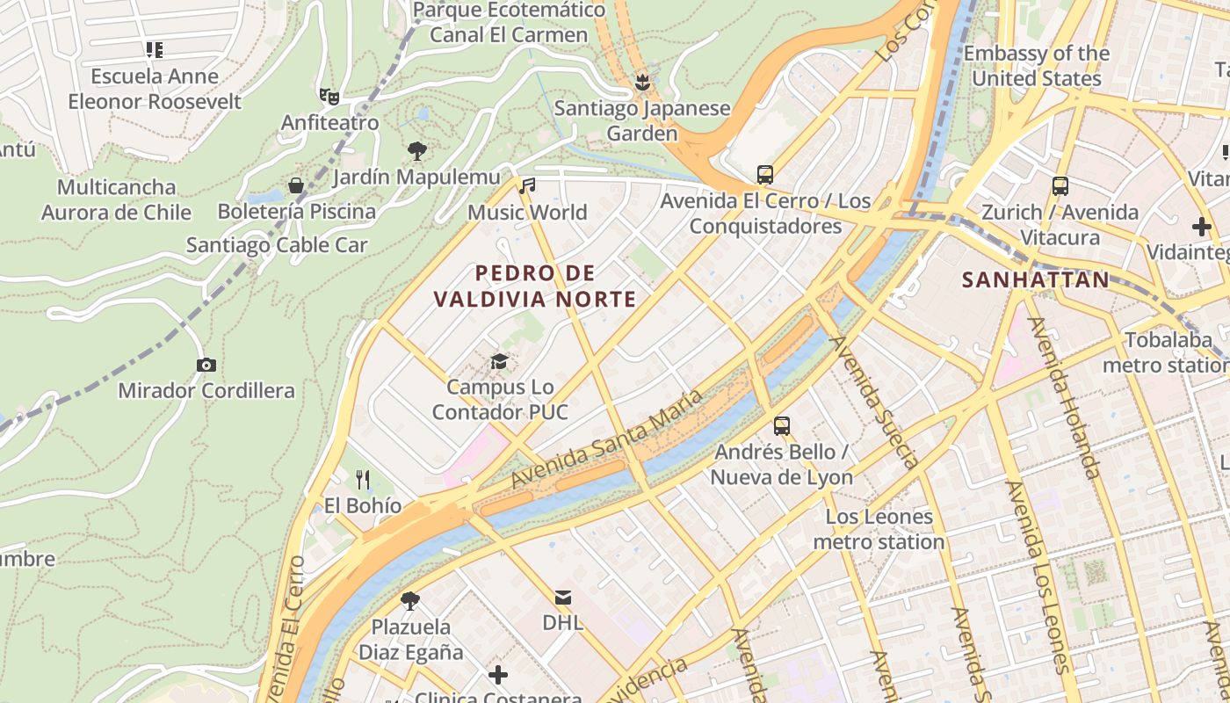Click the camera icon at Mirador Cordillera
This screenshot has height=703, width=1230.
(206, 365)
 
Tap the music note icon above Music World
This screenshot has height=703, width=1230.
(527, 185)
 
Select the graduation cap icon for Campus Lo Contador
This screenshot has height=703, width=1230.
(499, 361)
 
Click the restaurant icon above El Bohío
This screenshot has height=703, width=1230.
(363, 479)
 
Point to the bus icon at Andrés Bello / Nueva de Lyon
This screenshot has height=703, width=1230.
(782, 426)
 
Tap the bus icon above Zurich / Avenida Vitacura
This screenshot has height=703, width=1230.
(1060, 186)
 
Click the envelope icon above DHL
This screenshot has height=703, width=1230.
(563, 598)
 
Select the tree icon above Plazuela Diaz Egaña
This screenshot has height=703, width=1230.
(409, 601)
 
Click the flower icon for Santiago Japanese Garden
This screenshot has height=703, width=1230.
(642, 83)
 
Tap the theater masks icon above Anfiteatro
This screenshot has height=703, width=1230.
(329, 96)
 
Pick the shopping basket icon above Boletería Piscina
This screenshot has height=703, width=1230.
(296, 185)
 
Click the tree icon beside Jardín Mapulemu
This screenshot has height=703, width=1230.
(417, 151)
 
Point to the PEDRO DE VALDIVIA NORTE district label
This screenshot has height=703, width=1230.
(535, 286)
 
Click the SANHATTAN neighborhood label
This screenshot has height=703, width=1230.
(1035, 279)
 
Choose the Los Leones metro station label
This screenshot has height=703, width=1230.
(879, 529)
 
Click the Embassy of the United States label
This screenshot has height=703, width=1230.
(1036, 66)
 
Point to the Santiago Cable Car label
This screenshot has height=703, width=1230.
(277, 245)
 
